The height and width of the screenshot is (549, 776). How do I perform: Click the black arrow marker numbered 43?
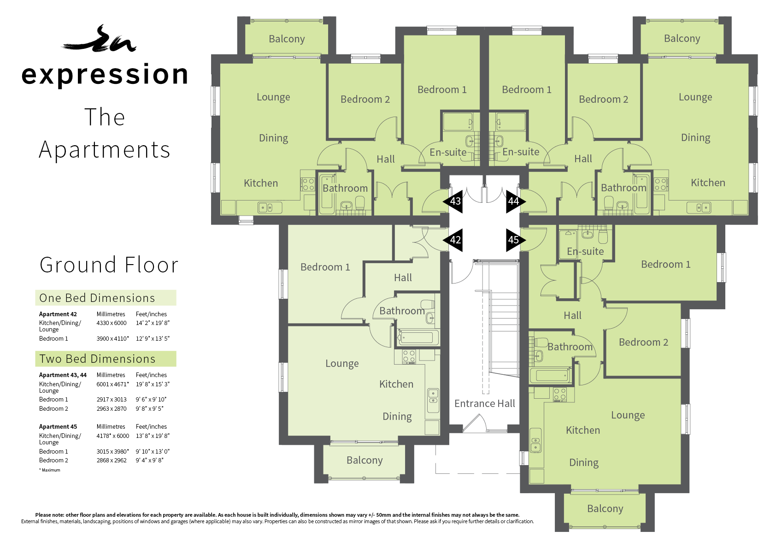tap(453, 201)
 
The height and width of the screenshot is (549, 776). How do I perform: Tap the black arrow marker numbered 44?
tap(516, 201)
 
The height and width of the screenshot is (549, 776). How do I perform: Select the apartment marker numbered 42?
tap(453, 240)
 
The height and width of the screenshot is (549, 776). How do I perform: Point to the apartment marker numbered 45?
tap(516, 240)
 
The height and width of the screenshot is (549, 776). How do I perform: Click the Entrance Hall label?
tap(485, 403)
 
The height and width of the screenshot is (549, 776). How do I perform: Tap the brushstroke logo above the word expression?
tap(99, 40)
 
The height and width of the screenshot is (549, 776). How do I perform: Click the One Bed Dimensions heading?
tap(97, 298)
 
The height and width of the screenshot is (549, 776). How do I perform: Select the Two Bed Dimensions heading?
tap(97, 359)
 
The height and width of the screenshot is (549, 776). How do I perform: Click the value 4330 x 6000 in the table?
tap(112, 323)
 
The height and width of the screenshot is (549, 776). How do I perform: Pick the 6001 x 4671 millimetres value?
tap(112, 384)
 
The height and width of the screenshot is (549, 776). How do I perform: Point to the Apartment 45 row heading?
tap(58, 427)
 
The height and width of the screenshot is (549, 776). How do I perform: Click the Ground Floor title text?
tap(109, 265)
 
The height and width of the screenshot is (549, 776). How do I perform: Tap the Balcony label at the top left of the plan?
tap(287, 39)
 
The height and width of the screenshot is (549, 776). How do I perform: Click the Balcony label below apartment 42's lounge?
tap(364, 460)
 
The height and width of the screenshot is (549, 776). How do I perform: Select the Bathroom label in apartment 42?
tap(402, 311)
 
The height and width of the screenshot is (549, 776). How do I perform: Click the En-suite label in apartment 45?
tap(585, 251)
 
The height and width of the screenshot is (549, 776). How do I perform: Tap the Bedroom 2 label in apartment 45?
tap(643, 342)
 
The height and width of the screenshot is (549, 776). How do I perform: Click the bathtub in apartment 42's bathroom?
tap(418, 337)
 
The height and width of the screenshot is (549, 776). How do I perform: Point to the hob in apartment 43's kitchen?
tap(307, 184)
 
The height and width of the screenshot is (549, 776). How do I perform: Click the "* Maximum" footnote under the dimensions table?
tap(50, 470)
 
